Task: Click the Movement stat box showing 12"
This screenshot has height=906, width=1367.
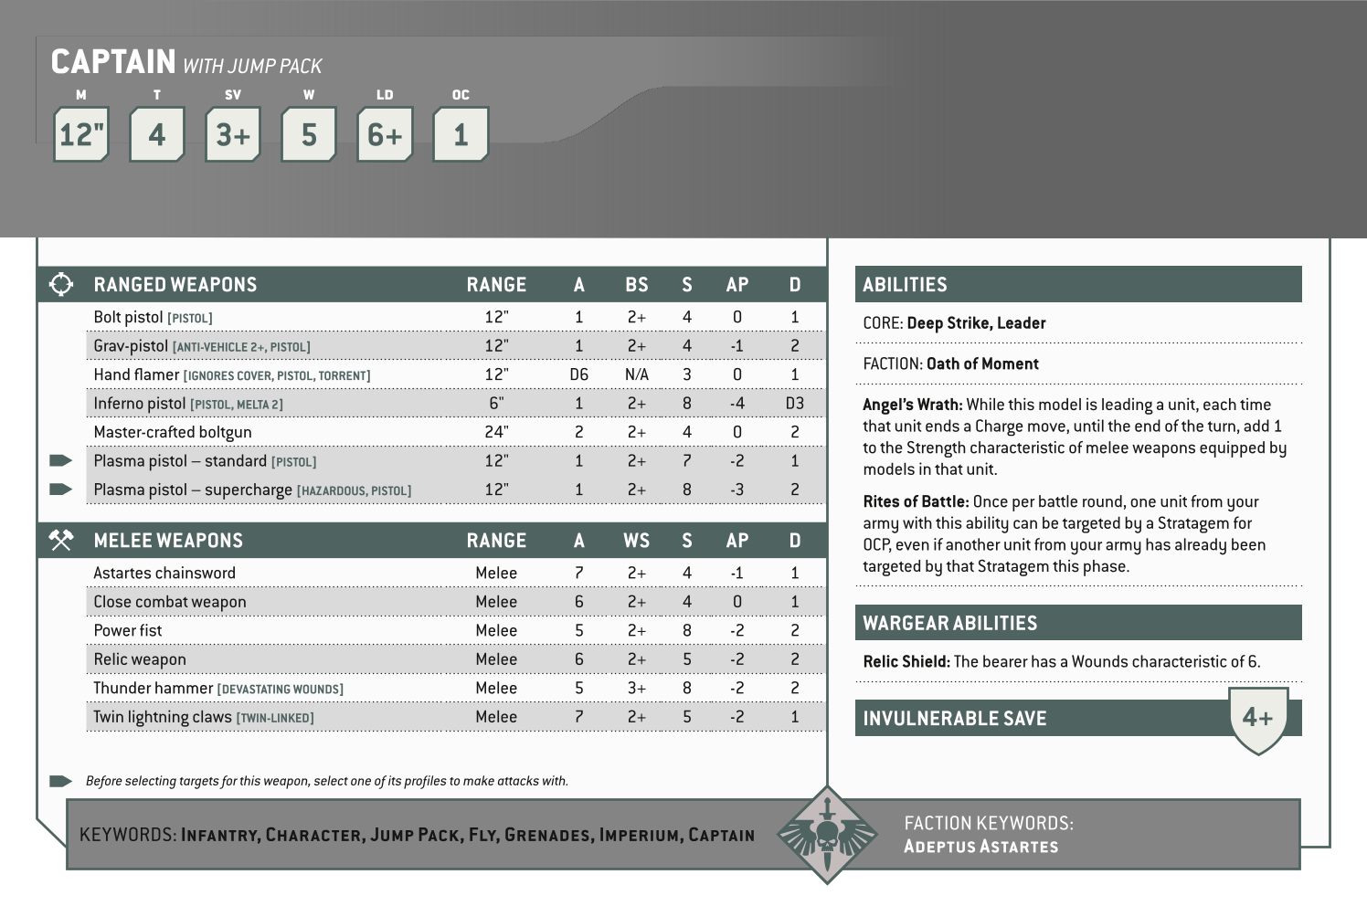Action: (x=81, y=135)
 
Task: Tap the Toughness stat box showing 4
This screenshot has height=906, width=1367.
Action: (x=157, y=135)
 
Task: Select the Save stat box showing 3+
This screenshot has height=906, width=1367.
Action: (x=233, y=135)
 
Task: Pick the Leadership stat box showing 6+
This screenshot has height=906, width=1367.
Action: (x=385, y=135)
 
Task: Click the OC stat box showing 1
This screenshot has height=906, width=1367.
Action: (x=461, y=135)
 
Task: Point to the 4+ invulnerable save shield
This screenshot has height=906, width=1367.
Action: (x=1258, y=719)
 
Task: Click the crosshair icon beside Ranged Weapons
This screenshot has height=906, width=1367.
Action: (x=60, y=284)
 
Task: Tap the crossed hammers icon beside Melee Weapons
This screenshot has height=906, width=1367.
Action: (x=60, y=541)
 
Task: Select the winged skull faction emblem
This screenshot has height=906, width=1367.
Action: (x=826, y=835)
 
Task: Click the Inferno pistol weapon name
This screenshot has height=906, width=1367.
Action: (x=140, y=404)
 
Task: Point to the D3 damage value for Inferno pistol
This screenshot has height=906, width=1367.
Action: (x=795, y=404)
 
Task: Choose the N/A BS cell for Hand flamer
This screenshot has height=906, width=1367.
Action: (x=636, y=374)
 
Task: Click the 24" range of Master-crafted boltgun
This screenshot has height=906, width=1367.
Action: (x=496, y=432)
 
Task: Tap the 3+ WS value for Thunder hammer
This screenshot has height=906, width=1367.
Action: (x=636, y=688)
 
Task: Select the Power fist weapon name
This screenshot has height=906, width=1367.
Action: (x=128, y=630)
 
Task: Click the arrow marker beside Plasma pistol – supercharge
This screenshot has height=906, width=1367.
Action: (x=60, y=490)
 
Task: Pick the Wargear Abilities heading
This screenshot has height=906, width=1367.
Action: (x=950, y=623)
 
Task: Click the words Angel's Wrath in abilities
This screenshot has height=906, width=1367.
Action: (x=912, y=405)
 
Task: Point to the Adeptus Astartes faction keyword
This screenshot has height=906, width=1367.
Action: (x=980, y=846)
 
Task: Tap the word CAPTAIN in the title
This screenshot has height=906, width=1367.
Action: (x=113, y=62)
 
